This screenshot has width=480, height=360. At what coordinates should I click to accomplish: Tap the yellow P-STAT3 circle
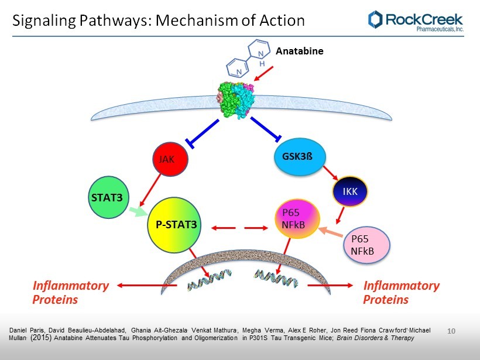pyautogui.click(x=176, y=224)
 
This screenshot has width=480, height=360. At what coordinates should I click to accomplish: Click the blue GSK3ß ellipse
pyautogui.click(x=297, y=157)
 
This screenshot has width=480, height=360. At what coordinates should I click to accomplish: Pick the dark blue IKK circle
pyautogui.click(x=351, y=191)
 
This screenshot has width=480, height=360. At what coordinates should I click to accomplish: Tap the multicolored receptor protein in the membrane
pyautogui.click(x=234, y=98)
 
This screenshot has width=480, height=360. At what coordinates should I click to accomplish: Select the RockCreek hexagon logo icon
pyautogui.click(x=375, y=19)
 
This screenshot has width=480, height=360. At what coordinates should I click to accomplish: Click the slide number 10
pyautogui.click(x=451, y=332)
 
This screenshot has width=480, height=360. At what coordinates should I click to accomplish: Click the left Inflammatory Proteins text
pyautogui.click(x=71, y=293)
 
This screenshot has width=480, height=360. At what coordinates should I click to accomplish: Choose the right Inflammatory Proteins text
pyautogui.click(x=401, y=293)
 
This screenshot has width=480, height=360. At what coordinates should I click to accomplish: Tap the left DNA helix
pyautogui.click(x=209, y=281)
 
